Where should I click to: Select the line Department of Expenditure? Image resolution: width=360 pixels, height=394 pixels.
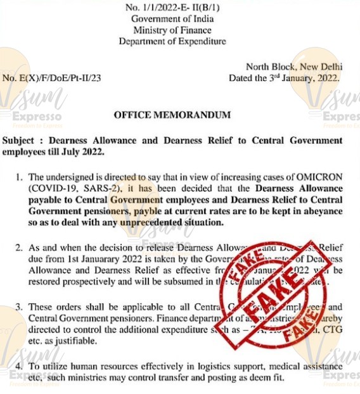(x=172, y=42)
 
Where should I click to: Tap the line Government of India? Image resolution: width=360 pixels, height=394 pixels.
(x=172, y=19)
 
